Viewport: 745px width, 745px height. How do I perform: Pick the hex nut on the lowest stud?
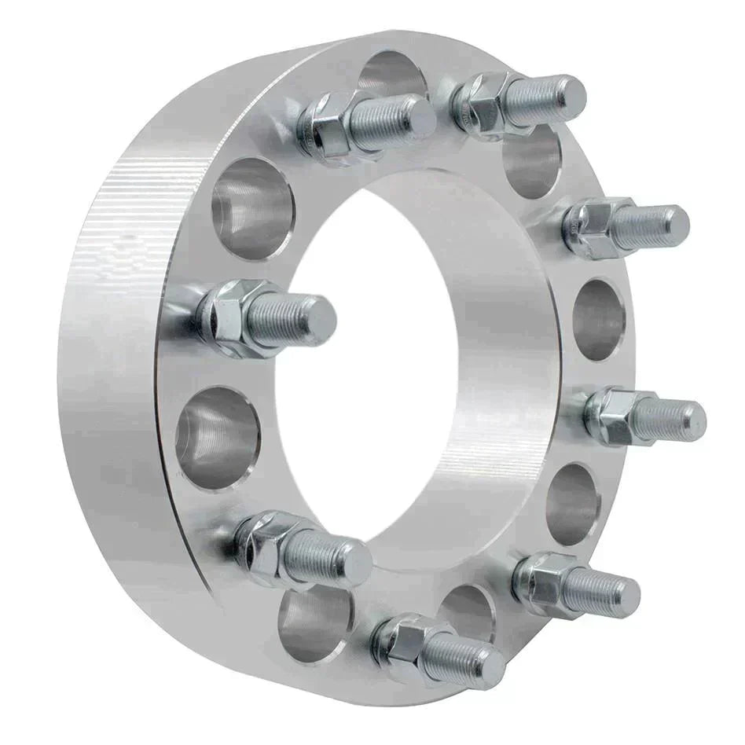(x=403, y=641)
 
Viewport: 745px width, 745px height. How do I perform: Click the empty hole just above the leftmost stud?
(x=252, y=209)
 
